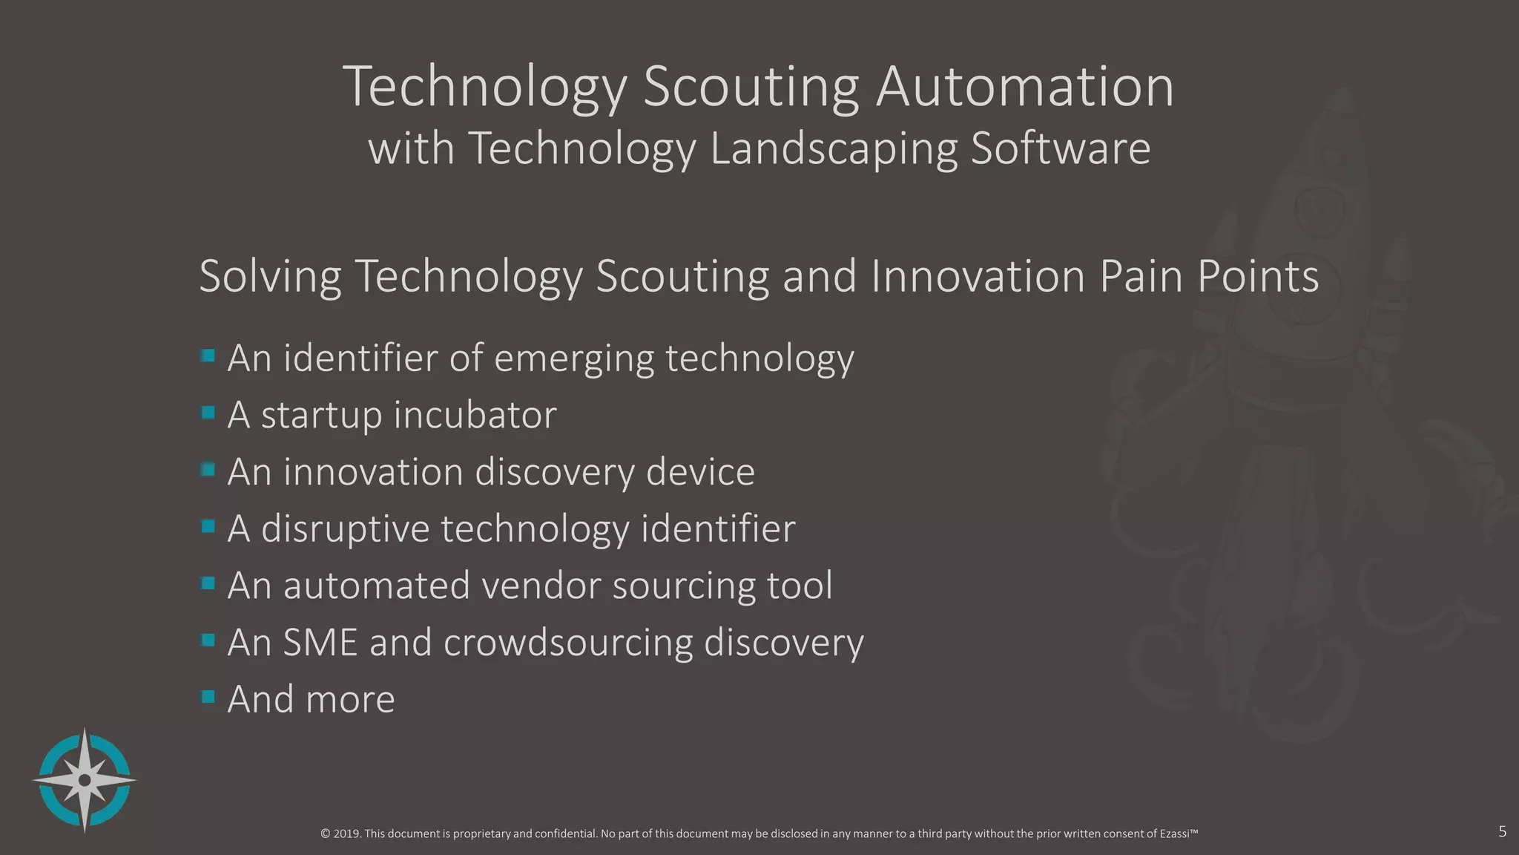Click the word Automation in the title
point(1025,87)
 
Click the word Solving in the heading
point(270,277)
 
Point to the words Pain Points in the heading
point(1209,277)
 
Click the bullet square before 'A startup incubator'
point(208,412)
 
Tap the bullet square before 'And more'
point(208,696)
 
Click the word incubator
point(475,414)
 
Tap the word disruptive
point(345,529)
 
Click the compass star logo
point(85,780)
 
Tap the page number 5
point(1502,831)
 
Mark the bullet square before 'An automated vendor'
point(208,583)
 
